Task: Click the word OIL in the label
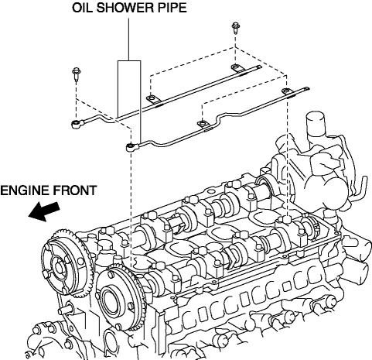point(81,8)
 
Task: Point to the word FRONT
point(75,190)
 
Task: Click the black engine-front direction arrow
point(44,211)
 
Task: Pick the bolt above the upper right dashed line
point(235,28)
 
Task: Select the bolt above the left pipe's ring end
point(77,74)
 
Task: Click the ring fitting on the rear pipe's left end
point(77,124)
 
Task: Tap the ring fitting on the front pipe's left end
point(131,147)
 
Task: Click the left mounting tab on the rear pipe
point(152,99)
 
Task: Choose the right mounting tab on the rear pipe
point(237,68)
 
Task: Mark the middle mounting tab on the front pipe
point(203,124)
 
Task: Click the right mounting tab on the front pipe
point(287,91)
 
